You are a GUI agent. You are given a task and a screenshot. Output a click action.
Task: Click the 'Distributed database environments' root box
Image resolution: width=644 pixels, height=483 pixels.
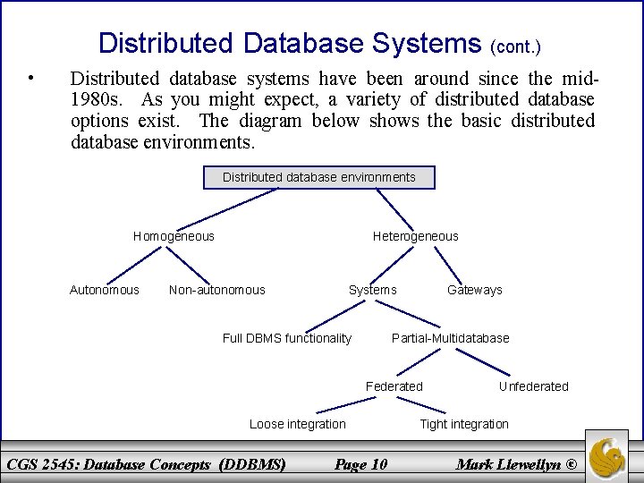coord(318,177)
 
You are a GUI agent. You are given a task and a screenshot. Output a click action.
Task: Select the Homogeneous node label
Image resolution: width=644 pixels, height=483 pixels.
coord(174,236)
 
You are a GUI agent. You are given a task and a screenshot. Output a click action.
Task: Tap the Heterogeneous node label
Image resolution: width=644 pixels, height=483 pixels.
coord(415,236)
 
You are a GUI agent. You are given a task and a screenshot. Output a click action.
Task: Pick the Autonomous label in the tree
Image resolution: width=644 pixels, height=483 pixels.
coord(105,290)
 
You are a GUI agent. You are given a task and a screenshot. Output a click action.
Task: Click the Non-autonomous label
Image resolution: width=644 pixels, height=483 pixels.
coord(217,290)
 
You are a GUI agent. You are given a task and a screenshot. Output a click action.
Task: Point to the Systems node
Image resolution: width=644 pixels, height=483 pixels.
coord(372,290)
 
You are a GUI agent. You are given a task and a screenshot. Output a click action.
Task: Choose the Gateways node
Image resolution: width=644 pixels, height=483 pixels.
coord(475,290)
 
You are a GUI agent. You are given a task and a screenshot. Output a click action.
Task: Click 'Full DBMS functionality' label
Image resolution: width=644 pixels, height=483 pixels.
coord(287,338)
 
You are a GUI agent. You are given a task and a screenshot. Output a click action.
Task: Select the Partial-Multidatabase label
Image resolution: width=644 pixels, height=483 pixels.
coord(451,338)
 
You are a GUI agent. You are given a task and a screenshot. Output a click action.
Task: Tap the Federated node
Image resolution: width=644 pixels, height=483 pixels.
coord(394,386)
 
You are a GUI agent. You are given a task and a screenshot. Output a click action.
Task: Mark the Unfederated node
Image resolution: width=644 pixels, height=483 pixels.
coord(533,386)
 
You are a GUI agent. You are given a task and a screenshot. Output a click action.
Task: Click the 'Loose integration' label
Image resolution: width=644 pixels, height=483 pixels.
coord(297,424)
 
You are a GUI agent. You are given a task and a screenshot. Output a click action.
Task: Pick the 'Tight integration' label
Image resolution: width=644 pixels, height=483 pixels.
coord(464,424)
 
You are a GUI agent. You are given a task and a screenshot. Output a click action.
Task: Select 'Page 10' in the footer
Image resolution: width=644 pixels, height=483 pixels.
coord(360,463)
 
